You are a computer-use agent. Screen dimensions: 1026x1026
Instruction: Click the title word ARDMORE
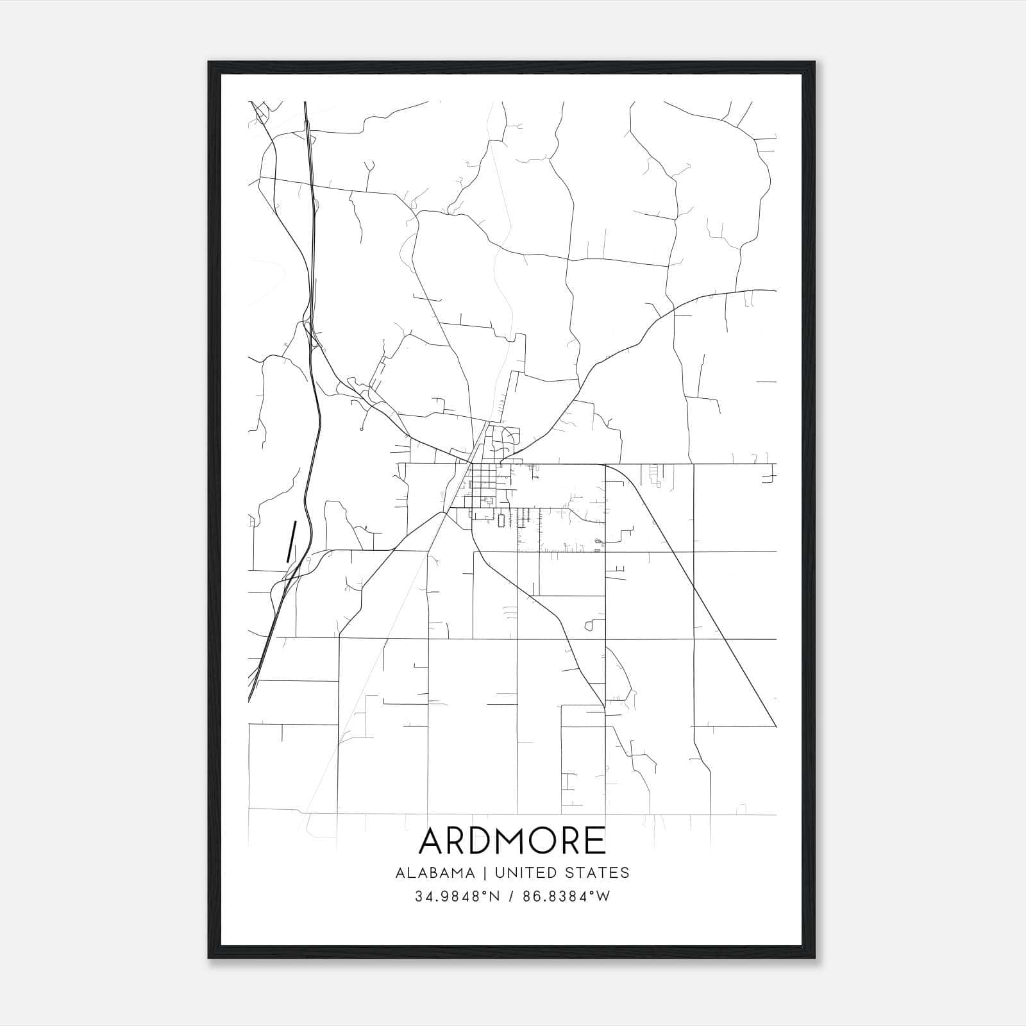click(512, 841)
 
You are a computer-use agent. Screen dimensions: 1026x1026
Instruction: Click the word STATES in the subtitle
click(598, 873)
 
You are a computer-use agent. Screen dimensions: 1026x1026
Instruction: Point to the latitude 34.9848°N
click(457, 897)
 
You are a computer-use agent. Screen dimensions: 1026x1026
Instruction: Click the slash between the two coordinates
click(512, 897)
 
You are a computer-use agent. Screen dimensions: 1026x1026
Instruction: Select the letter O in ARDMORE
click(537, 841)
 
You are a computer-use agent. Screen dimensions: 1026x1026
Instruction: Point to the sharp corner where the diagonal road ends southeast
click(775, 726)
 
